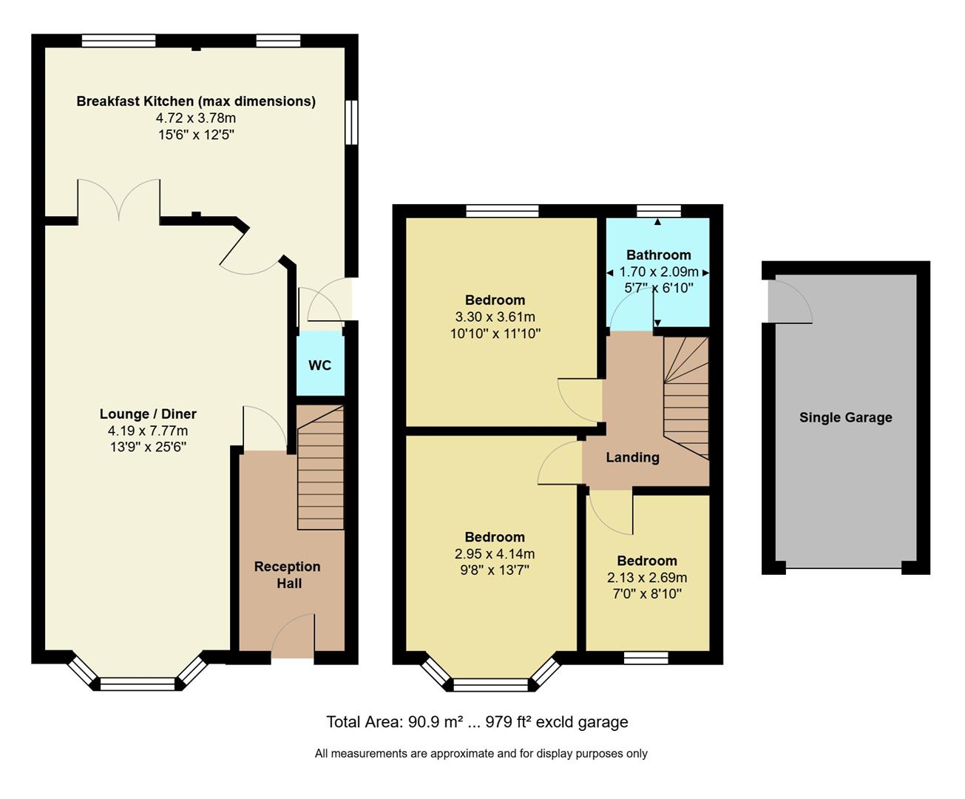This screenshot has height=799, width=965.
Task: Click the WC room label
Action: (x=319, y=365)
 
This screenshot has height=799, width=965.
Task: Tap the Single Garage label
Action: (x=845, y=417)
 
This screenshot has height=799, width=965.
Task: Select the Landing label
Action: (x=632, y=457)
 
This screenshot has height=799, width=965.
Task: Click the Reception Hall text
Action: (x=288, y=575)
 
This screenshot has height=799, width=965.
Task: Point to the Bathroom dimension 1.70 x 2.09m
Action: (x=658, y=272)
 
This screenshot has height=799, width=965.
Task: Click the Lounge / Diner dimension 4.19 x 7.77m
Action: (x=148, y=431)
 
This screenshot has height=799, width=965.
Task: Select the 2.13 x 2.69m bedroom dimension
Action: (x=647, y=578)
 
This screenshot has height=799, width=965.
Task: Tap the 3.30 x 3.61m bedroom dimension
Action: (x=495, y=317)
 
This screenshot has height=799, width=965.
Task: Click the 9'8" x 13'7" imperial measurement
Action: (x=495, y=570)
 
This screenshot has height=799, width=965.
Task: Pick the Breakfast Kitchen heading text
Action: (x=196, y=101)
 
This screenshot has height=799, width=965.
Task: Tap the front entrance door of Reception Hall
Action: (x=293, y=638)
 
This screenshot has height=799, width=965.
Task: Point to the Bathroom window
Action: (x=659, y=210)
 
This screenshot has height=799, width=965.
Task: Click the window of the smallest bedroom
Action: (x=646, y=658)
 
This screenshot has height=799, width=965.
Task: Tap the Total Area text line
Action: (x=477, y=722)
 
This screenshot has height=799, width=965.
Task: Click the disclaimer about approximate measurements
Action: (x=481, y=753)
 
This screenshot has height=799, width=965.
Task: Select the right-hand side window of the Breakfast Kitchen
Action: (x=352, y=122)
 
